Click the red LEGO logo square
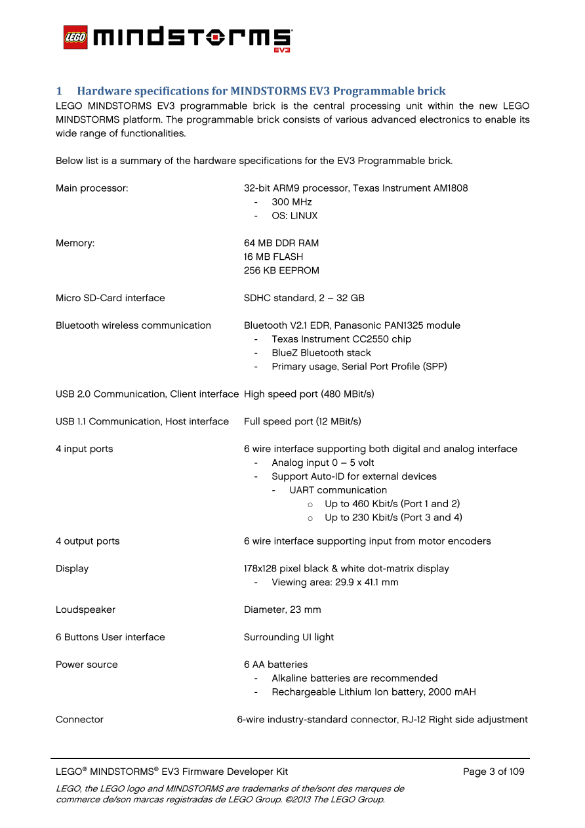click(75, 37)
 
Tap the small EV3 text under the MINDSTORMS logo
click(282, 49)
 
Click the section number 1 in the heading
click(58, 91)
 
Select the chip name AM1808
click(451, 188)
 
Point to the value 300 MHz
click(292, 202)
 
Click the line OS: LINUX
click(294, 216)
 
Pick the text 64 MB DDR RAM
click(281, 243)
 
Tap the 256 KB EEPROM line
click(281, 270)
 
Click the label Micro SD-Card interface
click(110, 298)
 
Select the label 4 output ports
click(88, 541)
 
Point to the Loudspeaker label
click(85, 610)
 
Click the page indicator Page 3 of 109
click(493, 772)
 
